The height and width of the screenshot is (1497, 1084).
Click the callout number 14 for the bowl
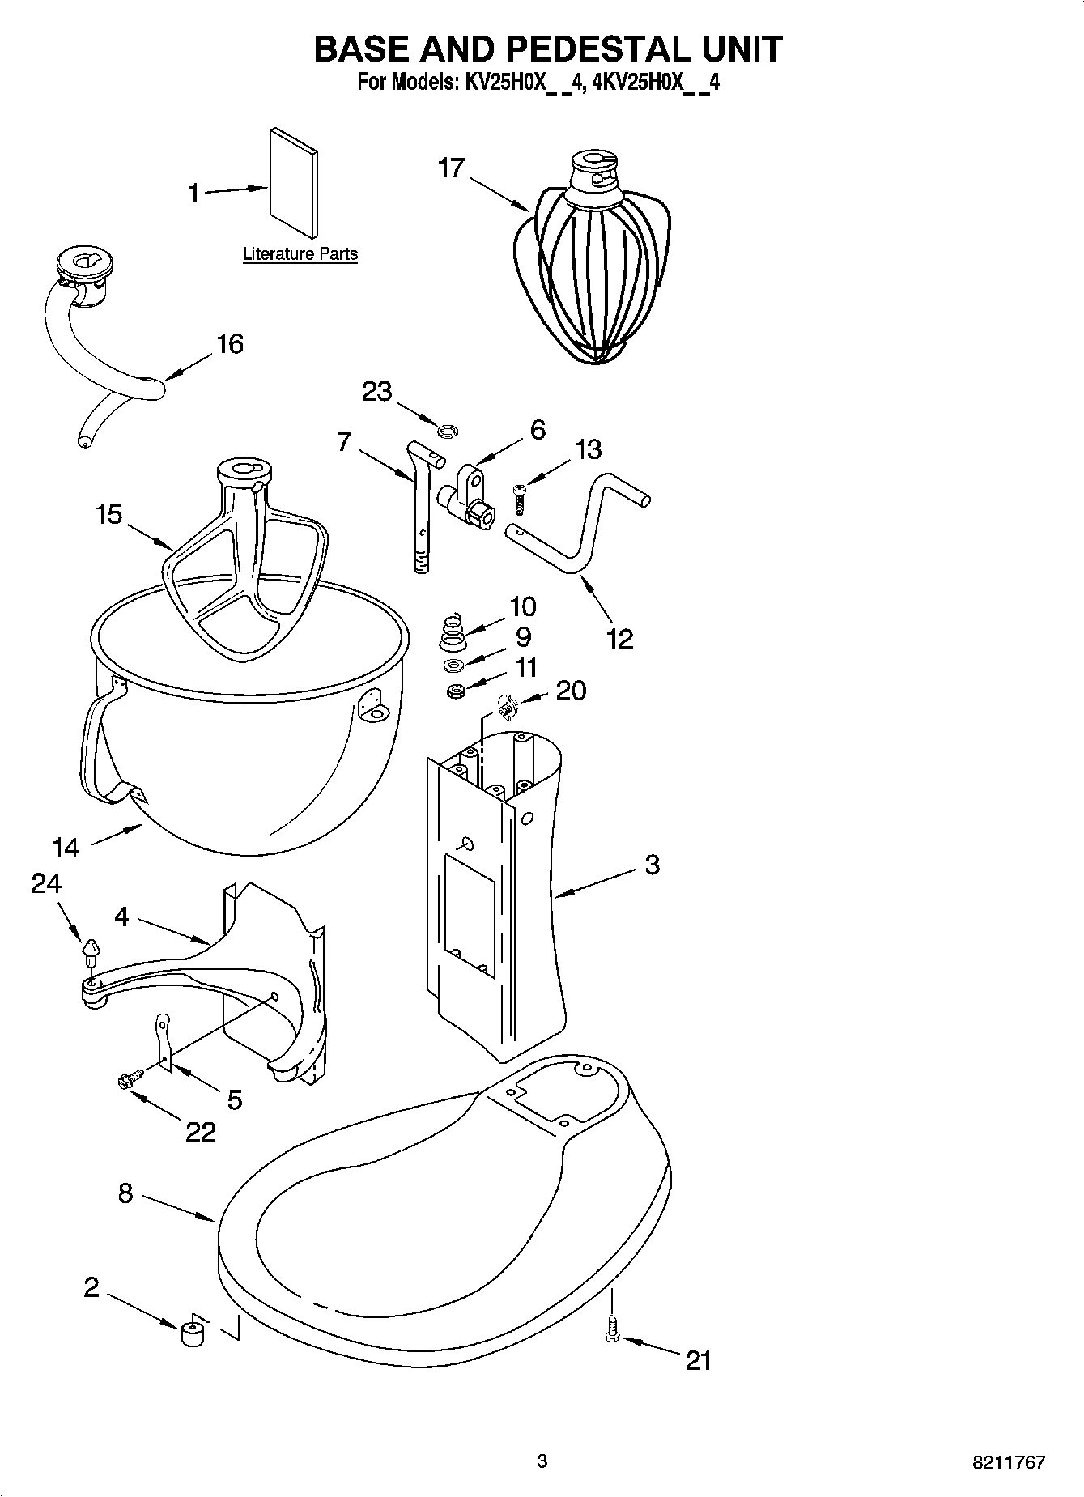pos(66,848)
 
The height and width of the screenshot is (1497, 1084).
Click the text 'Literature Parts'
pos(300,254)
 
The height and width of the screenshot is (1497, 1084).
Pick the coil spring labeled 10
pos(454,632)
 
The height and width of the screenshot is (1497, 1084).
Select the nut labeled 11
pos(455,692)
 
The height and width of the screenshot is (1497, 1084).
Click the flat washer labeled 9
pos(454,666)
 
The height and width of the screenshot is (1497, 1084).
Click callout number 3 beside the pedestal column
pos(653,865)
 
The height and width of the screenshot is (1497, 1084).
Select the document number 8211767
pos(1008,1462)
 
